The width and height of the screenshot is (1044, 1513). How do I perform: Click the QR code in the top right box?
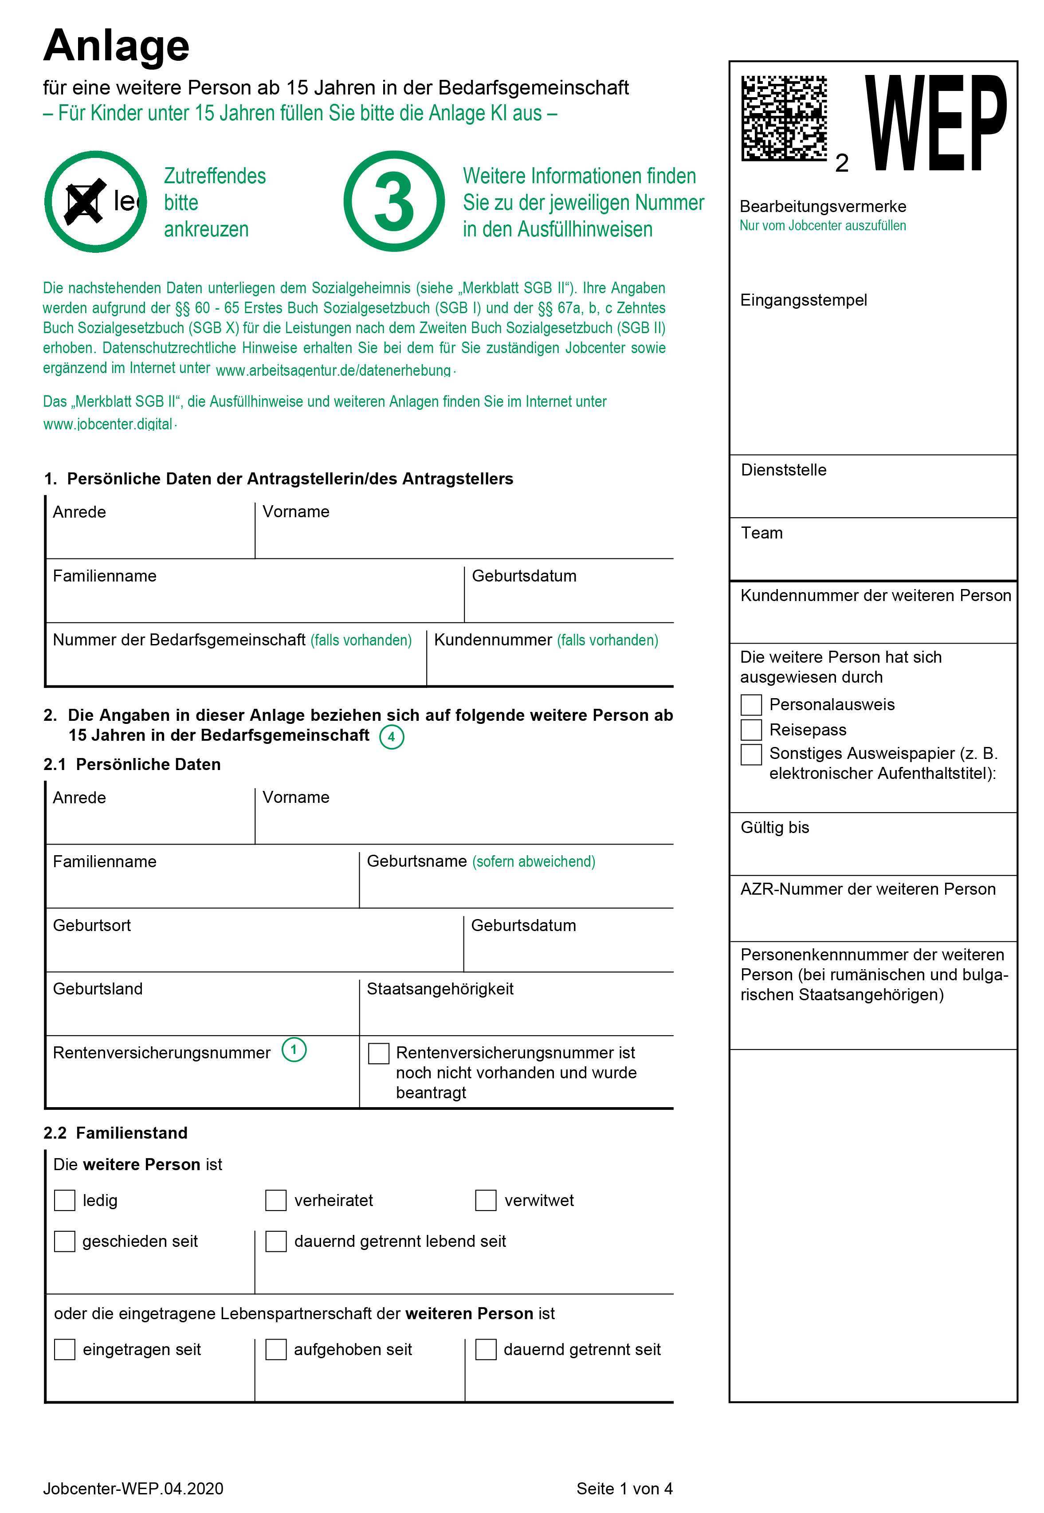click(784, 118)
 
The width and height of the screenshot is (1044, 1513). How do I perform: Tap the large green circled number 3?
click(394, 201)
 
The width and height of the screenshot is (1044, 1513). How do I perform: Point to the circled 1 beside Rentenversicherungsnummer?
click(294, 1050)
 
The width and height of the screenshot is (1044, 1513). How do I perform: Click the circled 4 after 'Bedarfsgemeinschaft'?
click(391, 737)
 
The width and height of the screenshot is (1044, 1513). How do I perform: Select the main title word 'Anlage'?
click(117, 46)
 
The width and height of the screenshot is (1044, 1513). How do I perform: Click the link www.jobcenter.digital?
click(108, 424)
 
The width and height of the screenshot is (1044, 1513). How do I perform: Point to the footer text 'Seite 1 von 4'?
click(624, 1488)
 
